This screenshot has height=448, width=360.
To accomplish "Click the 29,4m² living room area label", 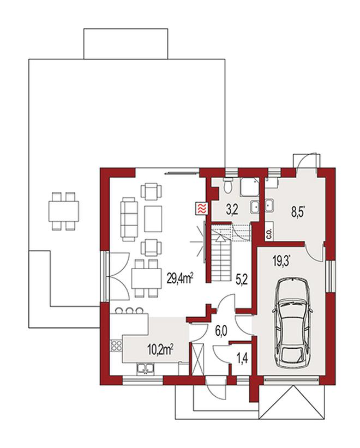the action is pos(180,279).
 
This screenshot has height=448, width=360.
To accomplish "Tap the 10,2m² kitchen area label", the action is pos(160,349).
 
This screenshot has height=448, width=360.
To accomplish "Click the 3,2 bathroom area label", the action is pos(232,210).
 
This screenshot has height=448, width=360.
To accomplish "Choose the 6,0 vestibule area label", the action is pos(221,332).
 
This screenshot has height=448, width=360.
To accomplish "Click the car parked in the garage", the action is pos(292,323).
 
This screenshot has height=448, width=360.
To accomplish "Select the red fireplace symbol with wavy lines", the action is pos(202,209).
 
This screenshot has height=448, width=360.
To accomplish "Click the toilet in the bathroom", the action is pos(229,186).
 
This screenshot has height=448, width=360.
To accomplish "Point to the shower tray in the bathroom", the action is pos(249,186).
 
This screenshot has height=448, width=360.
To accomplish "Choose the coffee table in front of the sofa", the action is pos(153,219).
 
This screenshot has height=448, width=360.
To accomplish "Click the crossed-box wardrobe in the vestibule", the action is pos(197,358).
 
